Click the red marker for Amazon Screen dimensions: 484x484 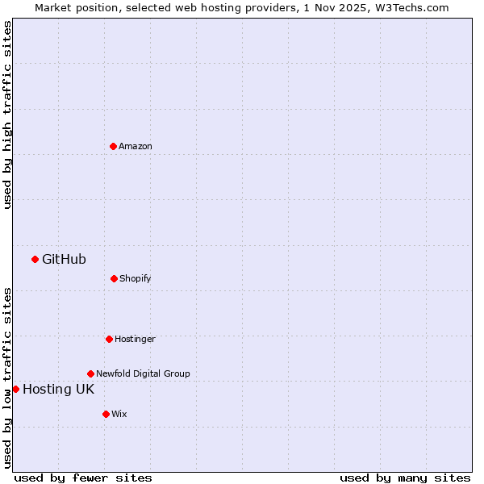point(113,146)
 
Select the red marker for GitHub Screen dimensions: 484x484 point(35,259)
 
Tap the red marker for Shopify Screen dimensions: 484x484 point(114,278)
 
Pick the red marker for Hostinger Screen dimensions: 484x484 point(109,339)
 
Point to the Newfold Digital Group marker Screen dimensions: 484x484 point(90,373)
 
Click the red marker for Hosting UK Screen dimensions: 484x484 point(15,389)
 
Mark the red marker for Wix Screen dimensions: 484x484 point(106,414)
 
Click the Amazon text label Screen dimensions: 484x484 point(136,146)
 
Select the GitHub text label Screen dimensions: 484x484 point(64,259)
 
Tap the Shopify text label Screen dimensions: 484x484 point(136,278)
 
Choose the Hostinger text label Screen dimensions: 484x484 point(135,339)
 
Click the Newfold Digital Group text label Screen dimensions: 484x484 point(143,373)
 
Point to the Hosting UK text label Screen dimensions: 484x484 point(58,389)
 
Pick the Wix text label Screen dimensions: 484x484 point(119,414)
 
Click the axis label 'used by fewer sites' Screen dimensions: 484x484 point(83,478)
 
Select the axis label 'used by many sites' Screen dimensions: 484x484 point(405,478)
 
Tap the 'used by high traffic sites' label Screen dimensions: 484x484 point(7,115)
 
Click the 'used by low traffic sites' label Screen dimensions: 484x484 point(7,378)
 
